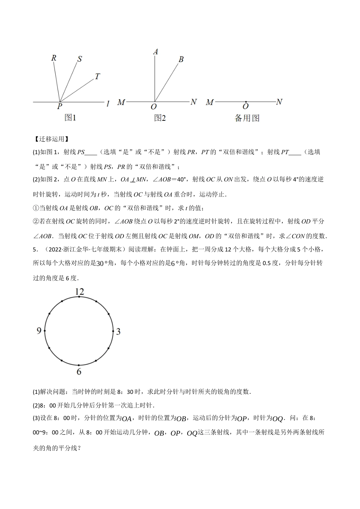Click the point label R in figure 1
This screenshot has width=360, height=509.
tap(54, 58)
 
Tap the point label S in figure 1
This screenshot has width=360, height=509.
tap(80, 59)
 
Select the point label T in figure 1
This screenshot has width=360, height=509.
tap(97, 77)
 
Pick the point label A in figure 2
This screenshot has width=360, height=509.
tap(155, 52)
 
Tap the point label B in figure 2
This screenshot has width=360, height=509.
tap(181, 59)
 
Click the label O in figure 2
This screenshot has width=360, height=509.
tap(153, 108)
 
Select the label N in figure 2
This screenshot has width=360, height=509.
tap(193, 102)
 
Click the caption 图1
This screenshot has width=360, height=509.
tap(70, 118)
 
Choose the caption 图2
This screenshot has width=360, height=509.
tap(160, 118)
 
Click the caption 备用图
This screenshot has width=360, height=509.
tap(247, 118)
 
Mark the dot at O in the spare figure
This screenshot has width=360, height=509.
tap(246, 102)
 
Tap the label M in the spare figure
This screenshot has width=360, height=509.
tap(210, 102)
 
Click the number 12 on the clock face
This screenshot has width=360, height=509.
tap(79, 292)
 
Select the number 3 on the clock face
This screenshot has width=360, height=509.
tap(118, 332)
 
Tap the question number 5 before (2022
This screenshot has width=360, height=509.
tap(34, 249)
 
